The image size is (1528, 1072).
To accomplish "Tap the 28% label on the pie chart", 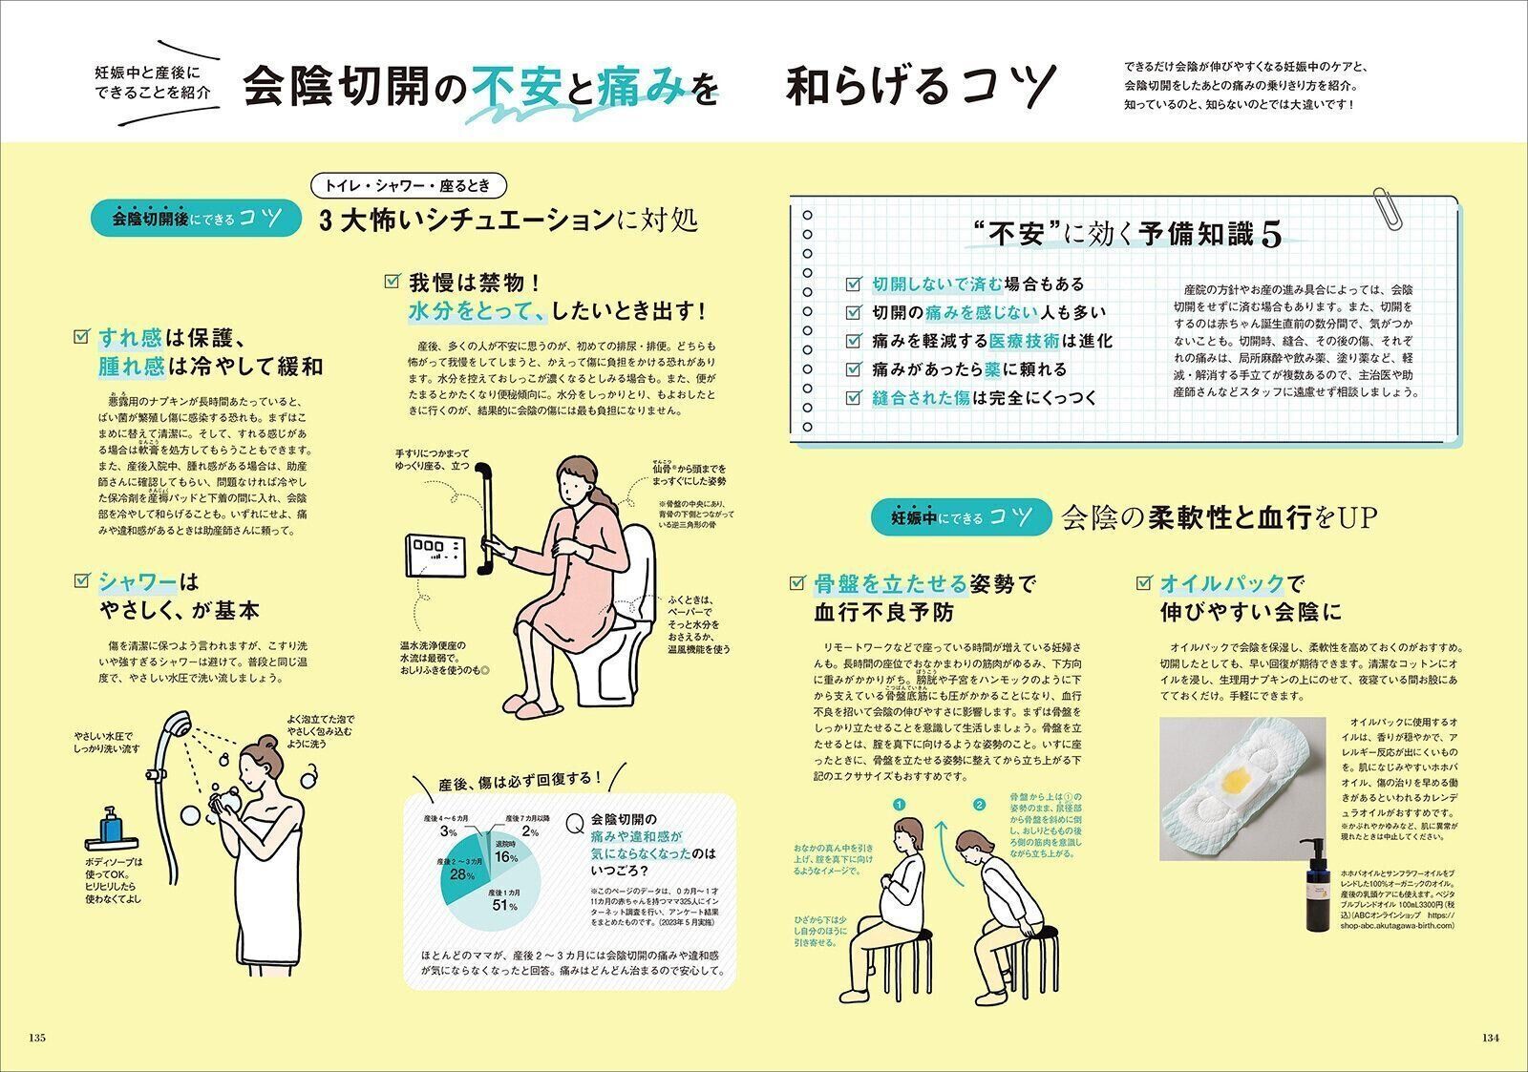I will pos(462,874).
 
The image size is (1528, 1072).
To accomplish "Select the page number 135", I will pos(38,1039).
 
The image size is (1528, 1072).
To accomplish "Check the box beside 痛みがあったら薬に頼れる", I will pos(854,369).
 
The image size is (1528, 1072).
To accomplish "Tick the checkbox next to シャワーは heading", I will pos(81,580).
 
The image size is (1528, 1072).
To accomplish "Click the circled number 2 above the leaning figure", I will pos(978,804).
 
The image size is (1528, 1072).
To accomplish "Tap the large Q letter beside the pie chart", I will pos(575,823).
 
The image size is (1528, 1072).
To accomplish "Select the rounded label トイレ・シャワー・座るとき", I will pos(414,186).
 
